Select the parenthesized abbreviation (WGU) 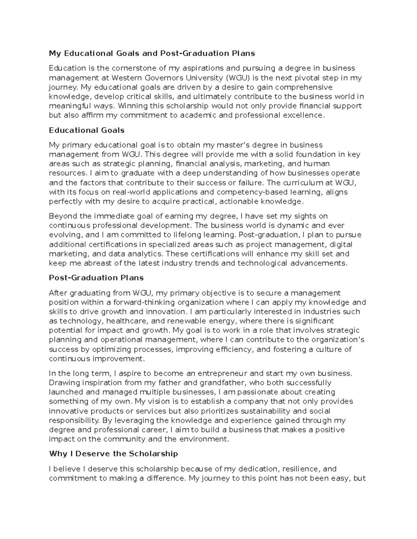(x=237, y=77)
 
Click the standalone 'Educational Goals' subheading (x=87, y=130)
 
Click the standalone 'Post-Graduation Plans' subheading (x=96, y=278)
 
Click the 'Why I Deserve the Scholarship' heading (x=113, y=454)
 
